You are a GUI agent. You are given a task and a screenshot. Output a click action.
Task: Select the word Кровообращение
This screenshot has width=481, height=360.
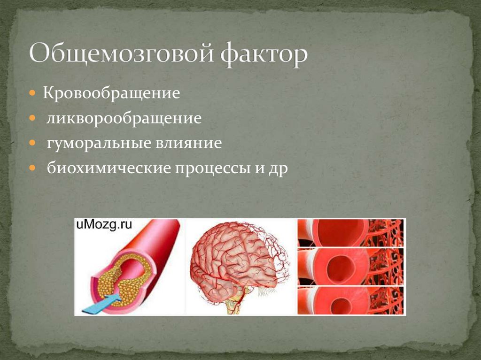pyautogui.click(x=112, y=93)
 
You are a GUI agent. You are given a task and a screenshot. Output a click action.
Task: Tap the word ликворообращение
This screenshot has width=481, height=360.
pyautogui.click(x=124, y=118)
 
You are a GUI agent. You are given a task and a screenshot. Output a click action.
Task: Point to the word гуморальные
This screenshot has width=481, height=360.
pyautogui.click(x=96, y=143)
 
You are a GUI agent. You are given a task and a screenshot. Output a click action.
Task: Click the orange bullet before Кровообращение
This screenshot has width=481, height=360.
pyautogui.click(x=33, y=92)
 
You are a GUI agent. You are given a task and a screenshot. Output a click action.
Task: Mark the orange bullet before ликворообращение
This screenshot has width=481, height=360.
pyautogui.click(x=33, y=117)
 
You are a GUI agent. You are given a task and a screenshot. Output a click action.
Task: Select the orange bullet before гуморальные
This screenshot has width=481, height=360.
pyautogui.click(x=33, y=142)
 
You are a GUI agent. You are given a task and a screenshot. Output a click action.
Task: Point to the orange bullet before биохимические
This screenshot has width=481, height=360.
pyautogui.click(x=33, y=168)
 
